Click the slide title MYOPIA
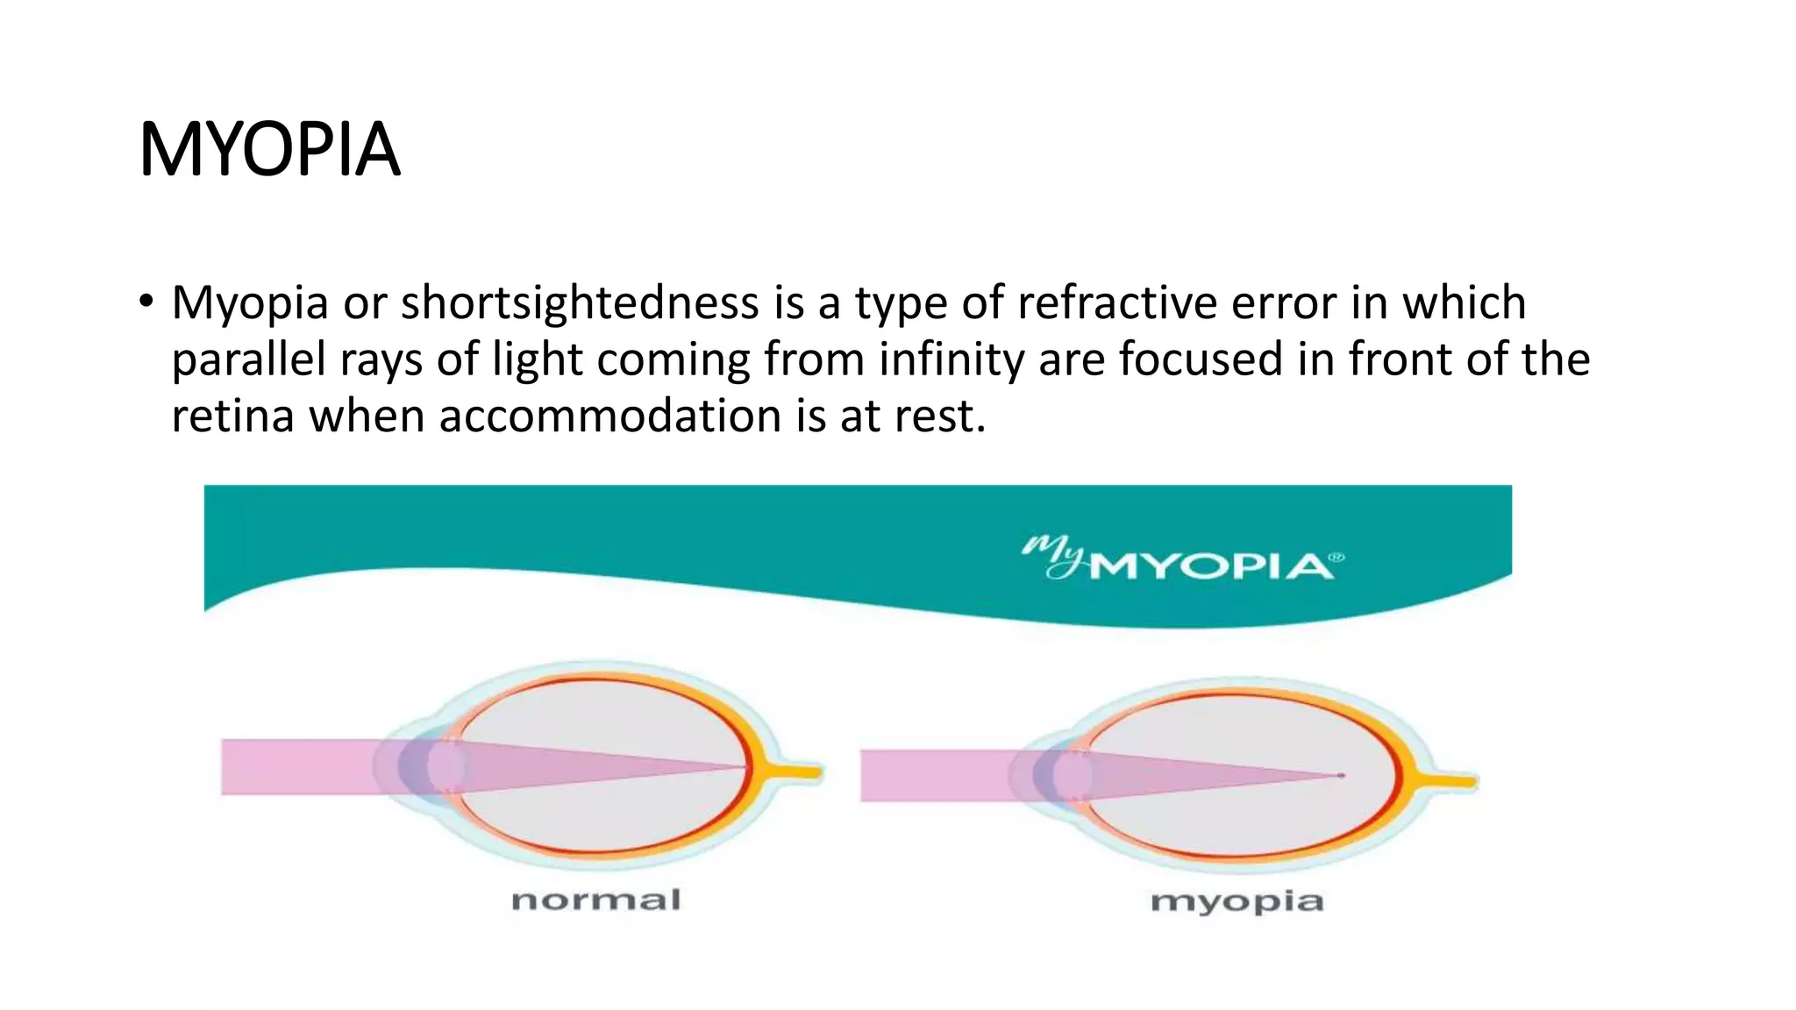(269, 150)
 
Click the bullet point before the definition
(146, 302)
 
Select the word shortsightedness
(580, 303)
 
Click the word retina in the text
(232, 416)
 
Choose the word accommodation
(609, 416)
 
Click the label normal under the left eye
(595, 900)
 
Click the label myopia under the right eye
(1237, 901)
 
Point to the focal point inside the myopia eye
(1341, 775)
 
